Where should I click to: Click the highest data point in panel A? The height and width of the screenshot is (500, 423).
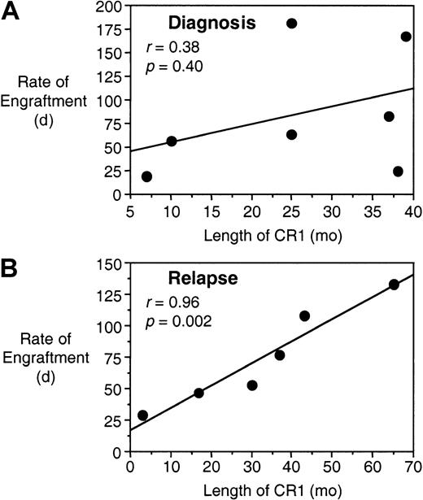[291, 24]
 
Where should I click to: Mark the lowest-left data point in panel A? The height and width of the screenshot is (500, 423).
[146, 176]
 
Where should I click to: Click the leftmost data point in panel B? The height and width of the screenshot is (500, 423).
[143, 415]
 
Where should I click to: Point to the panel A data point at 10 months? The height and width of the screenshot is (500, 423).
[171, 141]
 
